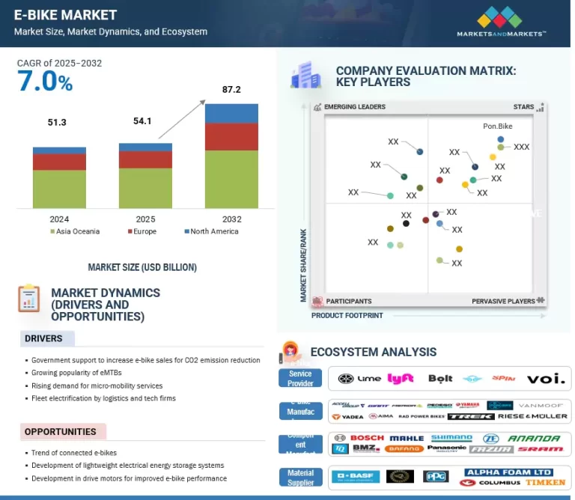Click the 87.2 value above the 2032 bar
(x=231, y=90)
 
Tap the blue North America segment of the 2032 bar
(x=231, y=113)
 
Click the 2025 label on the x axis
(x=145, y=219)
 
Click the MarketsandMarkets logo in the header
(x=501, y=22)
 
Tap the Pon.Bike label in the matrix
(x=498, y=126)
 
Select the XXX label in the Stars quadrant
(x=521, y=147)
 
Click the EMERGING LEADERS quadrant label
(x=354, y=107)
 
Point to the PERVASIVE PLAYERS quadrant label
(x=503, y=301)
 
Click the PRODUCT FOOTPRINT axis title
(x=347, y=316)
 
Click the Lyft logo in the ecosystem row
(x=401, y=379)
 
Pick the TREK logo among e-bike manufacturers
(x=471, y=416)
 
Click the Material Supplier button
(x=300, y=477)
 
